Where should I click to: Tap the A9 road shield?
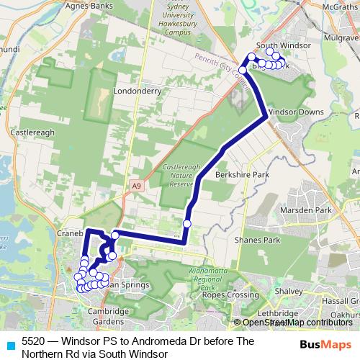136,186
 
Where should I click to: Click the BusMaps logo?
321,343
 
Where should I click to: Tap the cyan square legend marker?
9,343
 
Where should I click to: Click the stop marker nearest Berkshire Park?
187,223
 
